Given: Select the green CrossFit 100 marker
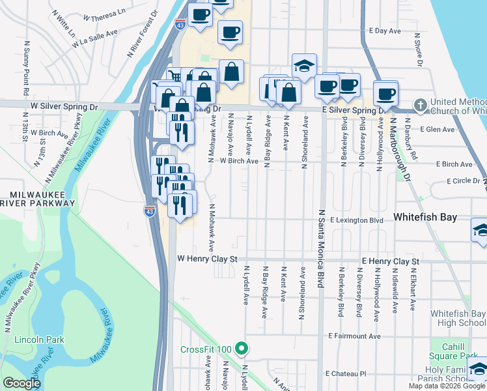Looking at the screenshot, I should click(x=242, y=349).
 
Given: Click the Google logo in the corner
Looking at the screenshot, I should click(x=21, y=383).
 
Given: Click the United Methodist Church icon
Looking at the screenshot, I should click(x=420, y=104).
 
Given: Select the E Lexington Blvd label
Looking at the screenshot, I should click(x=355, y=221).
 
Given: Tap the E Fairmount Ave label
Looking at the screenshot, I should click(x=354, y=336).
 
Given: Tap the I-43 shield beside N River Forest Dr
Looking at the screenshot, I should click(x=180, y=25).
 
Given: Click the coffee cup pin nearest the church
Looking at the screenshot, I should click(x=385, y=93).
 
